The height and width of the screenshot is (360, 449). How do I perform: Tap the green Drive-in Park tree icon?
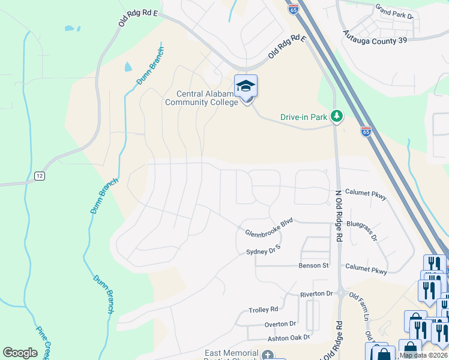(337, 116)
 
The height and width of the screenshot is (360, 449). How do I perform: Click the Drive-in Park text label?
(303, 117)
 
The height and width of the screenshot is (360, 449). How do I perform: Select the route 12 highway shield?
(39, 175)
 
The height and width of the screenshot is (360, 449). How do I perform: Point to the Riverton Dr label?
(316, 294)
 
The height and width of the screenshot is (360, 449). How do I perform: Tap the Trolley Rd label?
(264, 310)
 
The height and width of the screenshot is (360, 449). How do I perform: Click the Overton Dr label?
(281, 323)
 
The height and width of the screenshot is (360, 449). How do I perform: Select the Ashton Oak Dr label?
(288, 338)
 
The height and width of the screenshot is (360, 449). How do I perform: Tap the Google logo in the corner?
(20, 352)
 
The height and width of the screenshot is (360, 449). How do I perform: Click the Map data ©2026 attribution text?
(423, 355)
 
